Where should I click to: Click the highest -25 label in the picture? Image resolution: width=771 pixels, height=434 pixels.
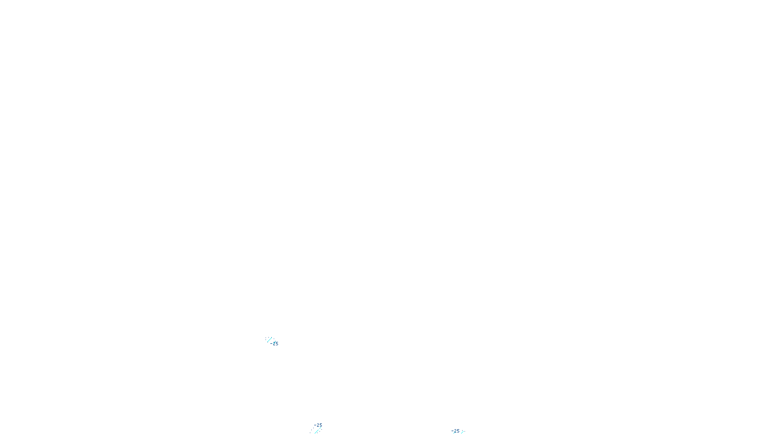[274, 343]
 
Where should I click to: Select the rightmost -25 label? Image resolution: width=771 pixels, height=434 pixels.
[455, 431]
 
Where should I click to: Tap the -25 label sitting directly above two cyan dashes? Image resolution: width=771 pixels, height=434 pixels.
[318, 425]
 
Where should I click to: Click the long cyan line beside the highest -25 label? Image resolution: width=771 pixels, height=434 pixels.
[269, 339]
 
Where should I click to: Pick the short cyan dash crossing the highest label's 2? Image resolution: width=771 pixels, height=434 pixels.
[274, 343]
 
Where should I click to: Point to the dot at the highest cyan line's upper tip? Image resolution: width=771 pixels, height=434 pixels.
[272, 337]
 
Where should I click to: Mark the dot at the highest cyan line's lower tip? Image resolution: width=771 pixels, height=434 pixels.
[268, 342]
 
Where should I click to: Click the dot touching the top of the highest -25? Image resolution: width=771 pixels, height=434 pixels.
[275, 341]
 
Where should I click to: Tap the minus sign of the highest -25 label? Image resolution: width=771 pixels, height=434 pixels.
[271, 343]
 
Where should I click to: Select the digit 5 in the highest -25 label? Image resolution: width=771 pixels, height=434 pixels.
[277, 343]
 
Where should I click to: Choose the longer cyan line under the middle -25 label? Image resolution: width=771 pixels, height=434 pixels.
[317, 432]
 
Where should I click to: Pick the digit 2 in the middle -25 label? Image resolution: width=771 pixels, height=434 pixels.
[318, 425]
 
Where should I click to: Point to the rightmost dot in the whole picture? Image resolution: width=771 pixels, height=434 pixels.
[465, 431]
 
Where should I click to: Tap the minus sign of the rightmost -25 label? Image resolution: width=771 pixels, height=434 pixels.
[452, 431]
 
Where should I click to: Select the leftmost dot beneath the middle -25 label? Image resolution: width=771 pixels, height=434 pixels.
[310, 433]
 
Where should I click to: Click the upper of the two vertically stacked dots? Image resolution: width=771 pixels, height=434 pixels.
[266, 338]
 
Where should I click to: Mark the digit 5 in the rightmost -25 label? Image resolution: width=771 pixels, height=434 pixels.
[458, 431]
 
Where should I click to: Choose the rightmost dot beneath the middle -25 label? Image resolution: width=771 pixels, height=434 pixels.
[321, 430]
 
